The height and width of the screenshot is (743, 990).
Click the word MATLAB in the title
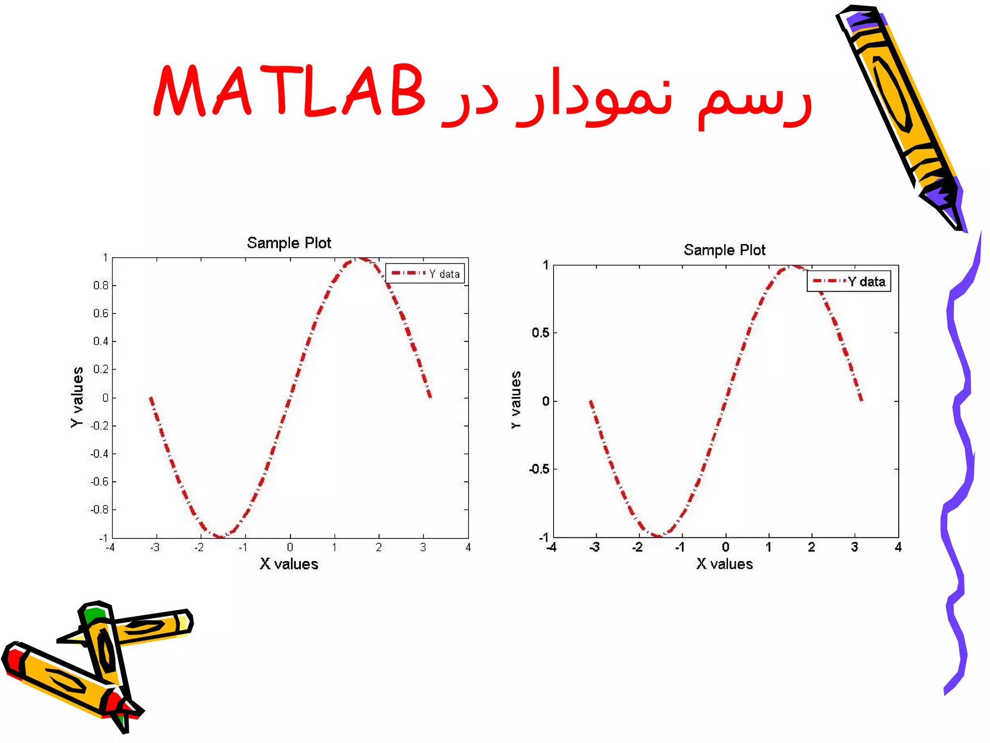289,90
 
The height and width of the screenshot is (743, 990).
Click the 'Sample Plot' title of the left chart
289,243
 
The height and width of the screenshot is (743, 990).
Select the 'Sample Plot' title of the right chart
724,250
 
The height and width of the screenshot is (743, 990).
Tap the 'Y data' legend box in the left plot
425,273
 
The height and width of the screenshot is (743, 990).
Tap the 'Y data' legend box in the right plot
849,282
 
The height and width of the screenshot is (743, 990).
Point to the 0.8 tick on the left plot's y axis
101,285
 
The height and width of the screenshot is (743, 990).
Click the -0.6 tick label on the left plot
100,482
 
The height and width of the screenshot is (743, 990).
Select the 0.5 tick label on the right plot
540,333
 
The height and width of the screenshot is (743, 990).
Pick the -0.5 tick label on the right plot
539,469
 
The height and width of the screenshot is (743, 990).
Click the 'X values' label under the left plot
289,564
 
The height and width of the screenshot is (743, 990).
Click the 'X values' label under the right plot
724,564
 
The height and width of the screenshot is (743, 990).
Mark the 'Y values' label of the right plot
516,400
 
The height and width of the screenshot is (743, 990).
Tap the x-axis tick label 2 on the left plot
379,548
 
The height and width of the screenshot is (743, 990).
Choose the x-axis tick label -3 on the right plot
595,548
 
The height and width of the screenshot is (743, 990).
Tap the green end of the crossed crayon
93,615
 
